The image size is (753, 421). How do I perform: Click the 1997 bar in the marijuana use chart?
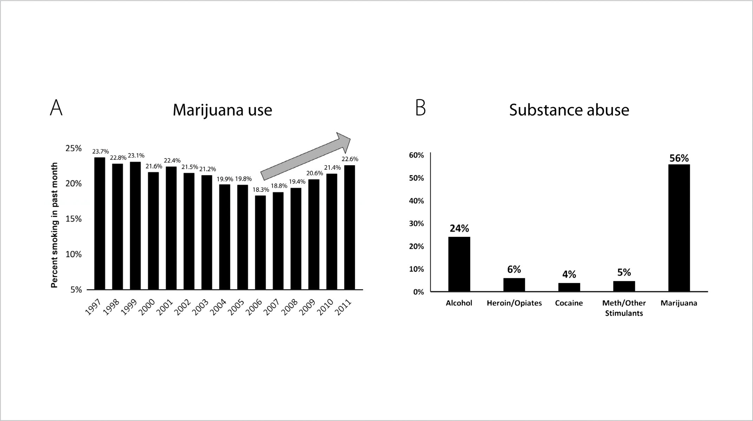point(100,223)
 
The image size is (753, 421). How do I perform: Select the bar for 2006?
point(260,242)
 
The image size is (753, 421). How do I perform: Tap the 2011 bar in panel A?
point(349,227)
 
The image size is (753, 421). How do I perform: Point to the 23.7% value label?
point(100,151)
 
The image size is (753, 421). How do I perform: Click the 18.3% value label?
point(261,190)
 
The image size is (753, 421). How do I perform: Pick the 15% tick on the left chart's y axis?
point(73,219)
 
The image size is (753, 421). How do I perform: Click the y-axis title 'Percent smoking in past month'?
point(54,225)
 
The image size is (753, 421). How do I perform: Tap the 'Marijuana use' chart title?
point(222,110)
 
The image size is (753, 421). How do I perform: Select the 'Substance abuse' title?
point(569,110)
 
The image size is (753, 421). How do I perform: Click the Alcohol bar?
point(459,264)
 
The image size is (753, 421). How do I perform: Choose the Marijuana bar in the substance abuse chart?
point(679,228)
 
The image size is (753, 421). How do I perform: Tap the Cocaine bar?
point(569,287)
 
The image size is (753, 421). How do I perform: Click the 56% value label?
point(679,158)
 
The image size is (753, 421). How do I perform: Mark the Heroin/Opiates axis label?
point(514,303)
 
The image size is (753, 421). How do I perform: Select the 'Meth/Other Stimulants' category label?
point(624,308)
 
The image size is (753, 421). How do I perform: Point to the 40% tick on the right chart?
point(417,201)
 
